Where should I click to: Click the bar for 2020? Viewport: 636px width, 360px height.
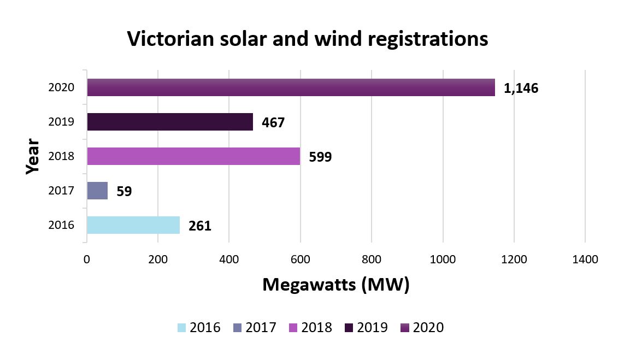click(x=291, y=87)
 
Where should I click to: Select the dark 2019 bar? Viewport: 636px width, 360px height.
click(x=170, y=122)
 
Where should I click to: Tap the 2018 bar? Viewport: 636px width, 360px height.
click(x=193, y=156)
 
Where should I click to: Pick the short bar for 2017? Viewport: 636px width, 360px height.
click(x=97, y=191)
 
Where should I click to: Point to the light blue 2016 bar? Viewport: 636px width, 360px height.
click(x=133, y=225)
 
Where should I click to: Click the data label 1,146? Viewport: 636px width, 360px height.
click(x=521, y=88)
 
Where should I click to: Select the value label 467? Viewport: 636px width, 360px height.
click(x=273, y=123)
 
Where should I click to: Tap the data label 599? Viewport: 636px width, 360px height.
click(x=320, y=157)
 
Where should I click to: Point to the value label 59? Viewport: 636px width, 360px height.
click(x=124, y=192)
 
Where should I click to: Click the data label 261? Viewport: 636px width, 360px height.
click(x=199, y=226)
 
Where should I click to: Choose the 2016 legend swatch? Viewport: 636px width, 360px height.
click(x=182, y=328)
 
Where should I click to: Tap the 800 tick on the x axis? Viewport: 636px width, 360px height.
click(x=372, y=259)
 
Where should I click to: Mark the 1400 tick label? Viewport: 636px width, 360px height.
click(x=585, y=259)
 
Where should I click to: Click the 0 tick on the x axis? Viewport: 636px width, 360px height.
click(x=86, y=259)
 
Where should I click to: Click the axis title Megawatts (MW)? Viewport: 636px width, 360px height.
click(x=335, y=285)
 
